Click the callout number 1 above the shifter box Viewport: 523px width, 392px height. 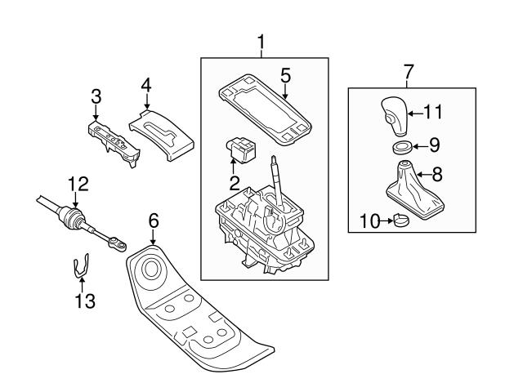(261, 40)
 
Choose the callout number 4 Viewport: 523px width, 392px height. (145, 85)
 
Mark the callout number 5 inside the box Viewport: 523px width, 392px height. (284, 76)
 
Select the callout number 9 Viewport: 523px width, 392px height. (434, 146)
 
